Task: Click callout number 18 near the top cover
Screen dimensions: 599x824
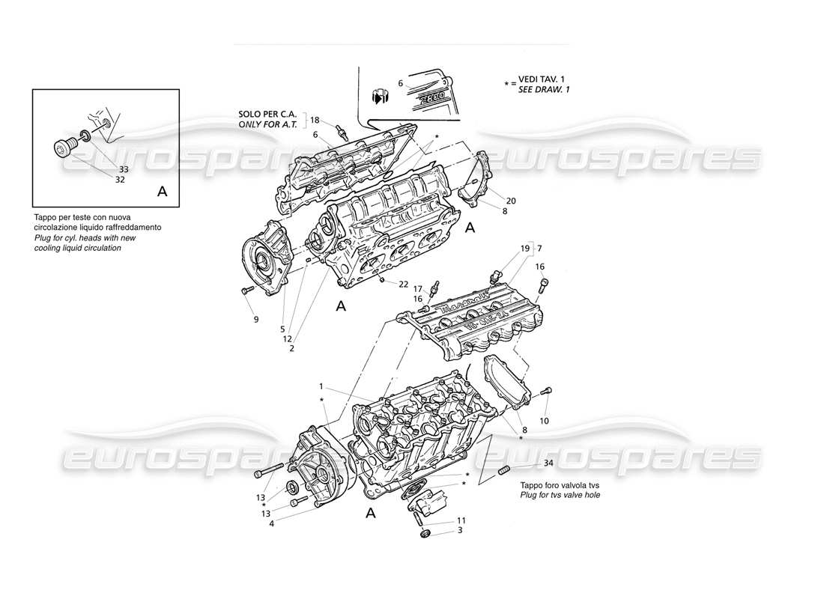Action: tap(315, 120)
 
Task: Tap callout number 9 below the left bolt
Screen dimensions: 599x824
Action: tap(256, 320)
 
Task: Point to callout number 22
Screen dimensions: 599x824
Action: tap(403, 284)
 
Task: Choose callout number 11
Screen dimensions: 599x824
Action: tap(461, 520)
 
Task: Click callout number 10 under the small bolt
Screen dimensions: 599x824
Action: tap(544, 421)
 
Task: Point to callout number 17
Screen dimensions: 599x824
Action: tap(418, 288)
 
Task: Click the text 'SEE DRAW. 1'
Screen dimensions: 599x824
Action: tap(544, 90)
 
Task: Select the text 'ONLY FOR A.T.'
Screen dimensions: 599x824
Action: tap(267, 125)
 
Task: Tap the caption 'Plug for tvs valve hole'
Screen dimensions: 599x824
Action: tap(560, 496)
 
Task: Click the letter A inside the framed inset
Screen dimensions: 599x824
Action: tap(163, 192)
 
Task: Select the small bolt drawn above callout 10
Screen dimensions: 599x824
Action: tap(546, 391)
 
